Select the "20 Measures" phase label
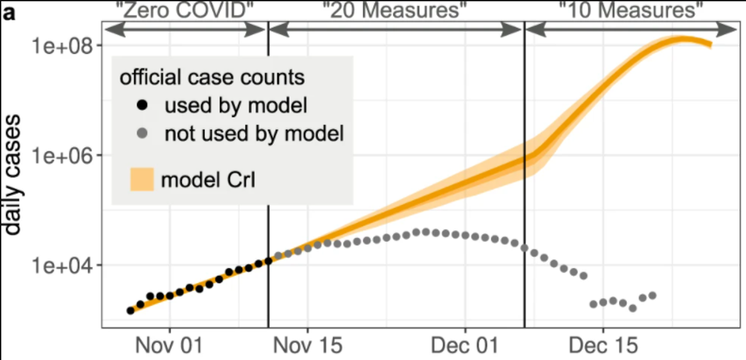(x=394, y=9)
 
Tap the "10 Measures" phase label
(x=631, y=9)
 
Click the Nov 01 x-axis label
(x=170, y=345)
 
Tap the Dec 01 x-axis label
(x=465, y=345)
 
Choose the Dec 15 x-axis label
(x=603, y=345)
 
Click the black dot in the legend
(x=141, y=106)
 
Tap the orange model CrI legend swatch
(x=141, y=180)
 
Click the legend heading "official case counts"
(x=212, y=78)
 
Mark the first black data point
(x=131, y=310)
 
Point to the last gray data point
(x=652, y=295)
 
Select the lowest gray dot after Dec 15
(x=632, y=307)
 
